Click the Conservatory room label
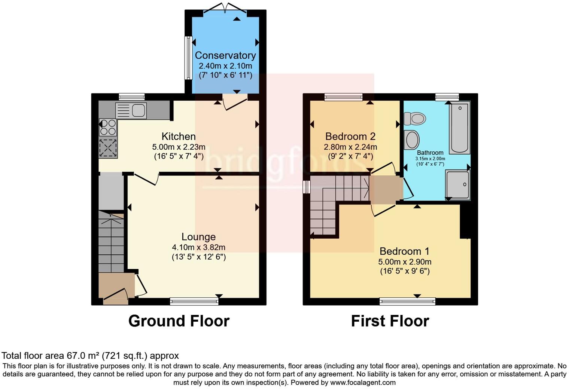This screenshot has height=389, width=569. (x=225, y=55)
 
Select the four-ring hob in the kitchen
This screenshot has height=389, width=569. (x=108, y=127)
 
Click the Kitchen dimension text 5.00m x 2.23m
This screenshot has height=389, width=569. (x=179, y=147)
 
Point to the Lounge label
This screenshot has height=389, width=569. (x=198, y=237)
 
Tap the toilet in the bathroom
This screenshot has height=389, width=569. (x=415, y=119)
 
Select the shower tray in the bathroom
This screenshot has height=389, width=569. (x=457, y=185)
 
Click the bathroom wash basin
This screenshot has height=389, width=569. (x=412, y=140)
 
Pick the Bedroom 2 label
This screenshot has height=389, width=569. (x=350, y=137)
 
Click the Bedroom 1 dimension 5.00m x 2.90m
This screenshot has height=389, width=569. (x=405, y=262)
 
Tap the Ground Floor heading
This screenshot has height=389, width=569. (x=179, y=321)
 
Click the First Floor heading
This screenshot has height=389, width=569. (x=390, y=321)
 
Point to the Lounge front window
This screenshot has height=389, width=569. (x=194, y=301)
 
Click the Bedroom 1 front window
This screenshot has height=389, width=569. (x=407, y=301)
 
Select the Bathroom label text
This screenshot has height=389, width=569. (x=430, y=153)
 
